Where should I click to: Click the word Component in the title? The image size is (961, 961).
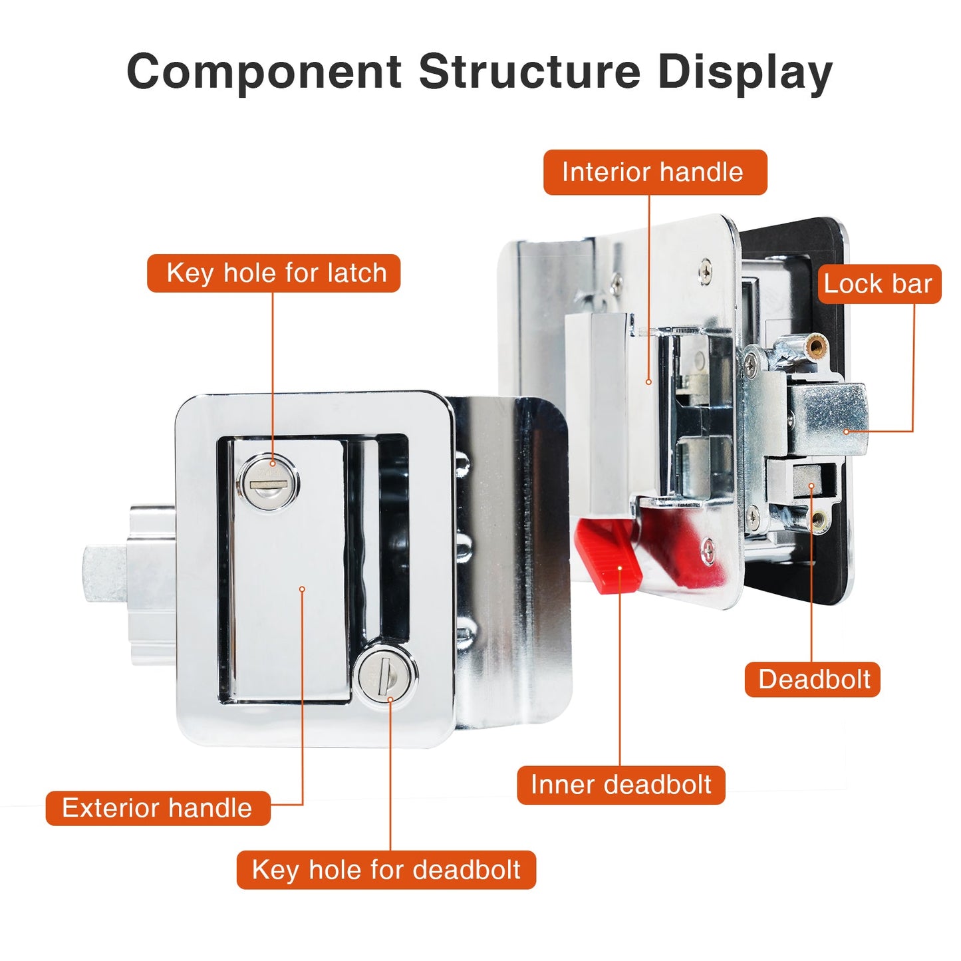[264, 71]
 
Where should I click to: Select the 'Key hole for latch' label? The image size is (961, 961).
[273, 273]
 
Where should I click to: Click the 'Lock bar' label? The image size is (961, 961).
[879, 284]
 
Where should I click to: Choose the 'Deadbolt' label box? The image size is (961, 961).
[812, 679]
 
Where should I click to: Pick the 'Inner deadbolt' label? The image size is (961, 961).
[620, 785]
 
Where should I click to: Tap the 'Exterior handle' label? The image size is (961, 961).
[158, 808]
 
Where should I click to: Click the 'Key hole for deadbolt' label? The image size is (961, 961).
[386, 870]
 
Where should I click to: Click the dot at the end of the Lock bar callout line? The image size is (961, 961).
[847, 432]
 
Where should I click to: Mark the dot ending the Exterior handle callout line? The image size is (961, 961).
[302, 589]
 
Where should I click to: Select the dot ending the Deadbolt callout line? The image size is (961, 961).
[811, 487]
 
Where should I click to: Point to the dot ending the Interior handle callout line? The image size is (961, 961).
[649, 382]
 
